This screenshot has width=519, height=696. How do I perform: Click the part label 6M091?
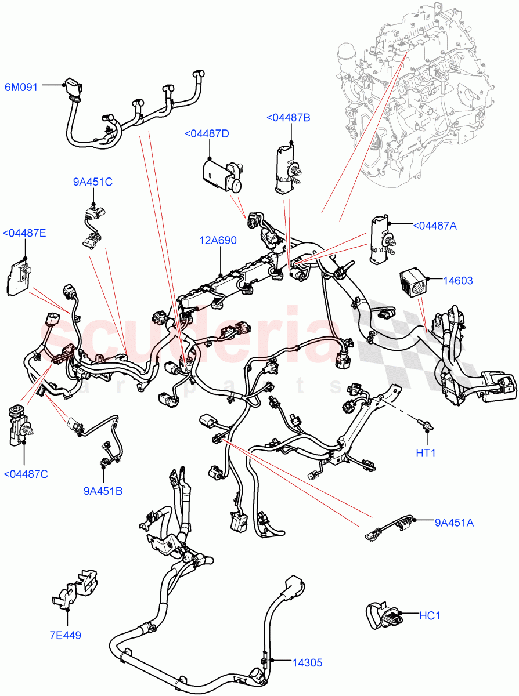coord(21,88)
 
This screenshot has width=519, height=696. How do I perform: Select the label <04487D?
coord(206,134)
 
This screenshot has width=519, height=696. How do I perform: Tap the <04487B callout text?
coord(288,118)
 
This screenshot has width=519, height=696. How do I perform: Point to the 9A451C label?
coord(92,182)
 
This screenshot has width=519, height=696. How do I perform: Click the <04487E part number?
coord(24,234)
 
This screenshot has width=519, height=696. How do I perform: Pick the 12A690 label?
coord(218,240)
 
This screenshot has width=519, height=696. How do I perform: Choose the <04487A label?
coord(435,226)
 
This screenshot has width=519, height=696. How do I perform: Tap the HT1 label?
coord(426,452)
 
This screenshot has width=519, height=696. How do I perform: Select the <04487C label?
coord(26,474)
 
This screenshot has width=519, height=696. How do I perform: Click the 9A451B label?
coord(102,491)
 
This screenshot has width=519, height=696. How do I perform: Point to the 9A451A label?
coord(454,523)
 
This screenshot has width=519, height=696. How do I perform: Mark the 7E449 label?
coord(64,635)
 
